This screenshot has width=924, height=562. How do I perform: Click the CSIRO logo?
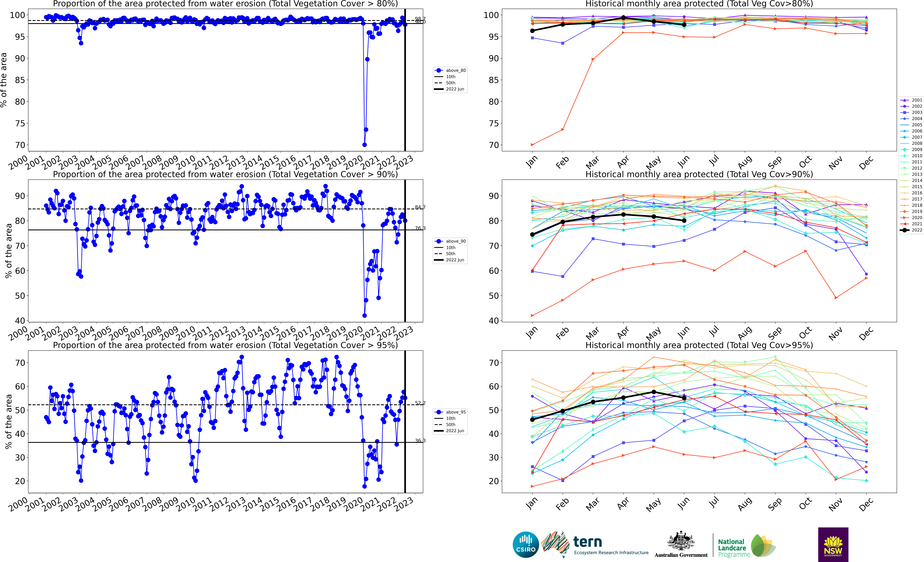(526, 544)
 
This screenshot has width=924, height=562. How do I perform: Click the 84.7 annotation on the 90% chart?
(420, 207)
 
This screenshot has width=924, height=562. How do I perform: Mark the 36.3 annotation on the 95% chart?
(420, 441)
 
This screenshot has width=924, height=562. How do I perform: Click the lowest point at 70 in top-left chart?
(364, 145)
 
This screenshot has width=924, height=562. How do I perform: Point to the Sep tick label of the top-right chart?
(775, 162)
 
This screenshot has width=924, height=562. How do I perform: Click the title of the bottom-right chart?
(699, 345)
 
